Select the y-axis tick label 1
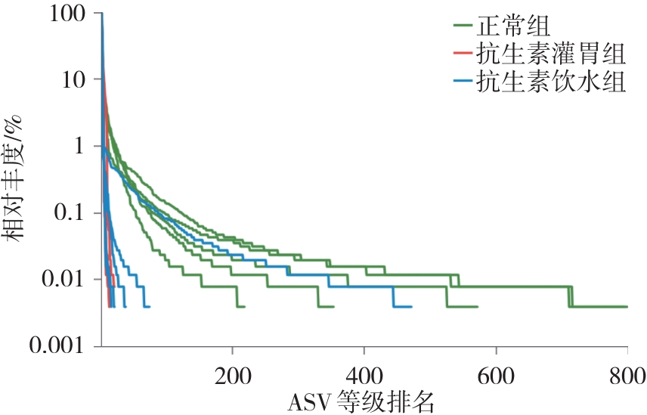(79, 146)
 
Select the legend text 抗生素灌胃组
(550, 54)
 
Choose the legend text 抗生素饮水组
(550, 82)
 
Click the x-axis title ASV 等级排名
(361, 400)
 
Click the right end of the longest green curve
(627, 306)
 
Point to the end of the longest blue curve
(411, 306)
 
